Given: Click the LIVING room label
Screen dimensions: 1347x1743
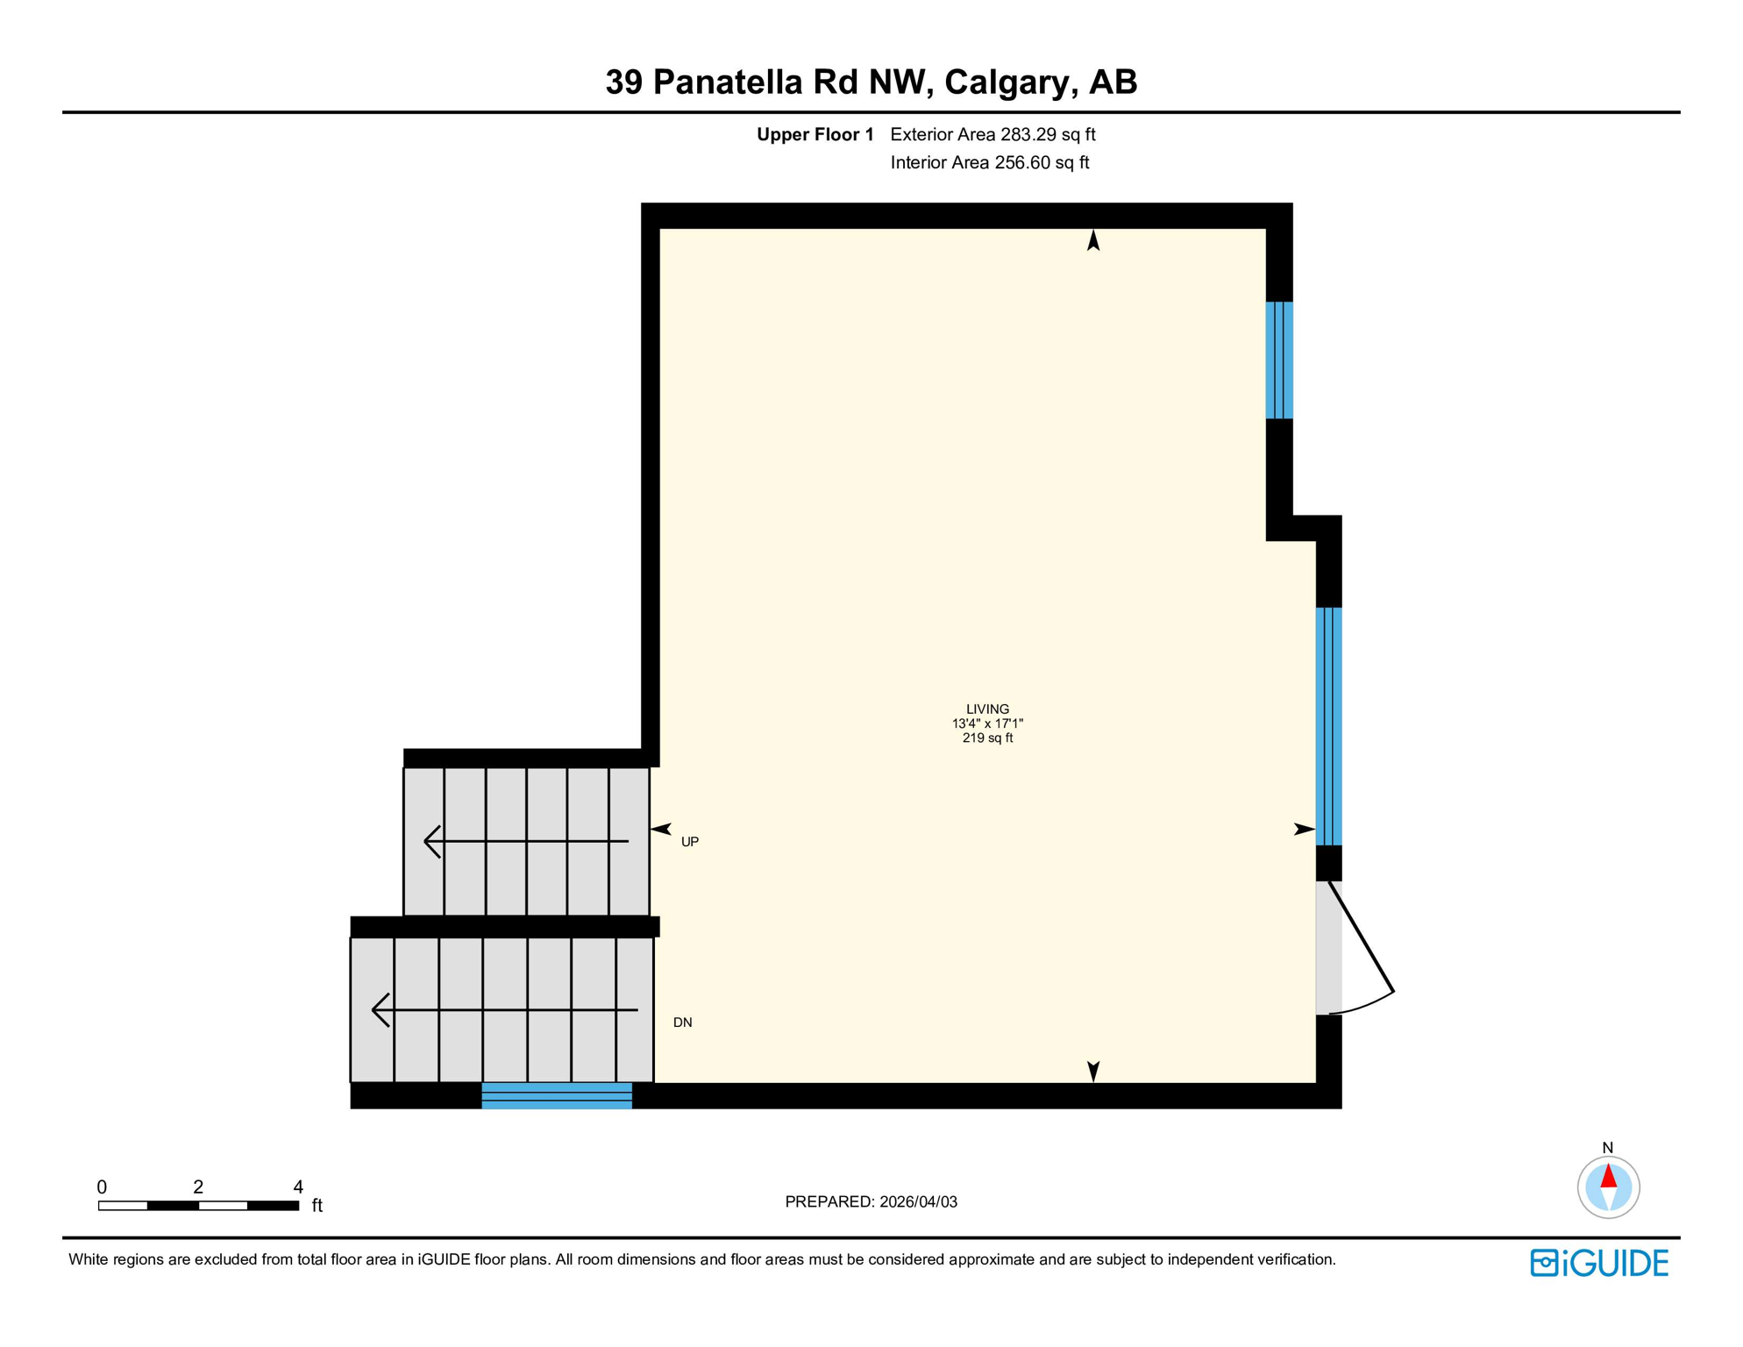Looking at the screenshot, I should (987, 709).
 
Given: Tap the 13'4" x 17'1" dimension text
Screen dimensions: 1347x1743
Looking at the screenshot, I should (987, 723).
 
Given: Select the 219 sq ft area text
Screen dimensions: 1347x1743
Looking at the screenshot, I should (987, 738).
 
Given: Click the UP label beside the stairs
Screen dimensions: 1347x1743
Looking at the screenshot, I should (690, 842).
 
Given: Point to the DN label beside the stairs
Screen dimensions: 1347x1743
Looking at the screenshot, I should (682, 1023).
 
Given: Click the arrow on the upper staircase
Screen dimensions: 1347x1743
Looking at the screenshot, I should (525, 842).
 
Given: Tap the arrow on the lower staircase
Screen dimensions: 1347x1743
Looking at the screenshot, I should (504, 1010).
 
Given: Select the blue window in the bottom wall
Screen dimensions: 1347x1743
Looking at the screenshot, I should (557, 1095).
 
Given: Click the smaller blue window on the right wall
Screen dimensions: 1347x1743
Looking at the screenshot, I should (1279, 360).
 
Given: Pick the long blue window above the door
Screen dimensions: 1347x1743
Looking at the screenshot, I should (1328, 726).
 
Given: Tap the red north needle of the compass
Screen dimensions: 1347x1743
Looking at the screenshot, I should (1608, 1176).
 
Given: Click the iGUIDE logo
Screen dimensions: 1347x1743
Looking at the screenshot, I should (1599, 1263).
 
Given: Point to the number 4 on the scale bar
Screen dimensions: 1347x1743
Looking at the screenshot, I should (298, 1187).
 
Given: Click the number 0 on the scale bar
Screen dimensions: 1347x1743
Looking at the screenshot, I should (102, 1187).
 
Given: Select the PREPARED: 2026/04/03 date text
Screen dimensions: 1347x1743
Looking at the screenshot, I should (871, 1201).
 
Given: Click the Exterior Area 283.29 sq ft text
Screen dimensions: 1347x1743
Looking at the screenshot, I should (992, 134).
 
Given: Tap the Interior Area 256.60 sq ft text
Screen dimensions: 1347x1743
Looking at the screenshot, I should (989, 162).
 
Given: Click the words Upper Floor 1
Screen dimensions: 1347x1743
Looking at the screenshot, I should (815, 134).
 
